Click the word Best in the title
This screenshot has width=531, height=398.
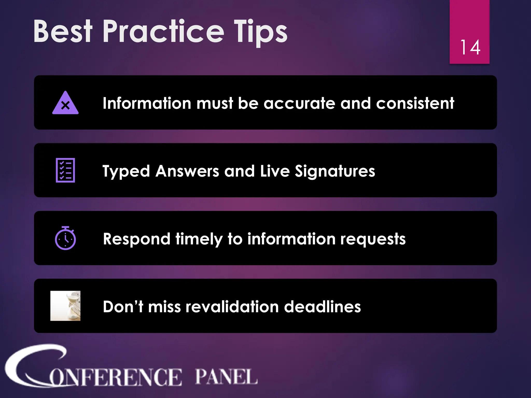(63, 32)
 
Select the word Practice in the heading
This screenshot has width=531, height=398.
(163, 32)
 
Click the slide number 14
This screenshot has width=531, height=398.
(470, 48)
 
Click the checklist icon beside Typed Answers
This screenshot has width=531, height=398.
(65, 170)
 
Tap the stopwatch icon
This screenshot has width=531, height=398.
(65, 238)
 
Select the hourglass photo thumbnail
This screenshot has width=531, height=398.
(65, 306)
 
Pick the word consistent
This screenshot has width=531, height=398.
(415, 103)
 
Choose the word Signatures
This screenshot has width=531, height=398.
(335, 172)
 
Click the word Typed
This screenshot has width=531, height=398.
(126, 172)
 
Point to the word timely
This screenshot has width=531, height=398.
(199, 239)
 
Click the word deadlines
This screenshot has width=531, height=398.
(322, 307)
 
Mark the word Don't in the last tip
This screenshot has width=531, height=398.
(123, 307)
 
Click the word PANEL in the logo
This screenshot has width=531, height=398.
(226, 376)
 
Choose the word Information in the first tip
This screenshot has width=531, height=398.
(147, 103)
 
